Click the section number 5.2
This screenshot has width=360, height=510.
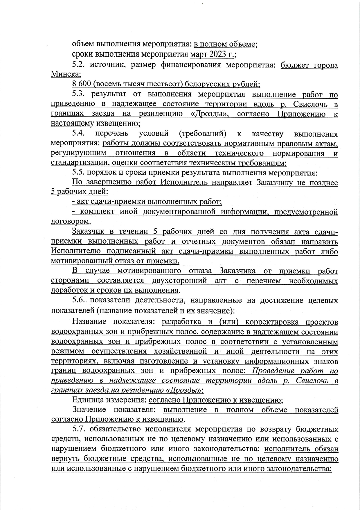[x=79, y=65]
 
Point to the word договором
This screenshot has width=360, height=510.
[x=71, y=221]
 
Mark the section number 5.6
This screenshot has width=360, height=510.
[x=79, y=300]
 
